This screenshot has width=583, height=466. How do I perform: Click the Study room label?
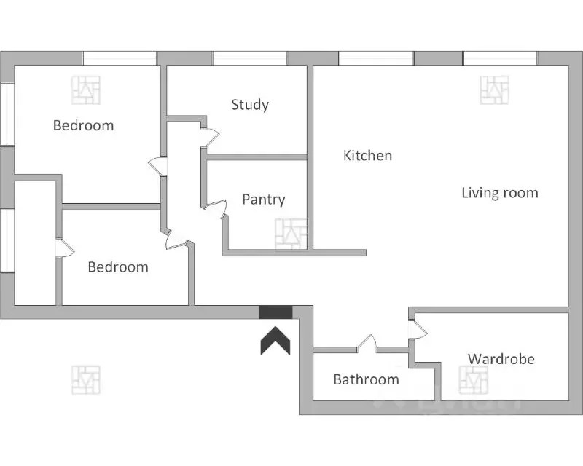point(250,105)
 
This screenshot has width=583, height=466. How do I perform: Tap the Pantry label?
point(264,200)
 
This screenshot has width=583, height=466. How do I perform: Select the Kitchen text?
point(367,155)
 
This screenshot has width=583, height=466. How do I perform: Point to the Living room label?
point(500,193)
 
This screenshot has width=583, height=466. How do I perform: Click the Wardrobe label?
point(501,359)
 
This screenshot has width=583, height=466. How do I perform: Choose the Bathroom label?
point(367,379)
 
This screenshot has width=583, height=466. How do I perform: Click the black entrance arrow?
point(275,340)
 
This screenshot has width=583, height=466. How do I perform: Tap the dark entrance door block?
point(275,312)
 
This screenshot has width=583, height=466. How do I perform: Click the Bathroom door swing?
point(367,343)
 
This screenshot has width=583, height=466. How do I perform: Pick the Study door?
point(210,138)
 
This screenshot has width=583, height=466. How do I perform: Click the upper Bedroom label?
point(83,126)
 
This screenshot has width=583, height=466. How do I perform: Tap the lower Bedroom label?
point(118,267)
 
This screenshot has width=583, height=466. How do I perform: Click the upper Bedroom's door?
point(157,167)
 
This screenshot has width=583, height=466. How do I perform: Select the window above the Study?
point(250,58)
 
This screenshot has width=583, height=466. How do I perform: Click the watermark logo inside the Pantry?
point(291,234)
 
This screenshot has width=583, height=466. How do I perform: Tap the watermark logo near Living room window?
point(494,90)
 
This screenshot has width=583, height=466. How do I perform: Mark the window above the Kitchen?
point(376,58)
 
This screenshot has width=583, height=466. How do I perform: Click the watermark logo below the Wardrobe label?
point(473,380)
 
